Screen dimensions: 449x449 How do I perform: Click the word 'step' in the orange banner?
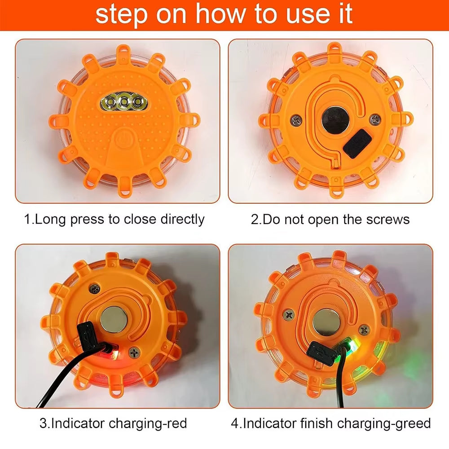pos(121,15)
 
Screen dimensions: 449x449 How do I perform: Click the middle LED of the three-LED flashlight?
pos(124,101)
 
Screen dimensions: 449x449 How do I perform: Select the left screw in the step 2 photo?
pos(295,120)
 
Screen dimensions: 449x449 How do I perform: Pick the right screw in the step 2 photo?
pos(374,119)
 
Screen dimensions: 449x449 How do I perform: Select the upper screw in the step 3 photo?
pos(95,289)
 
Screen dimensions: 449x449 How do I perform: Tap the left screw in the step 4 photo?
pos(289,315)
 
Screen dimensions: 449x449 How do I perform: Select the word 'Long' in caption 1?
pos(50,220)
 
